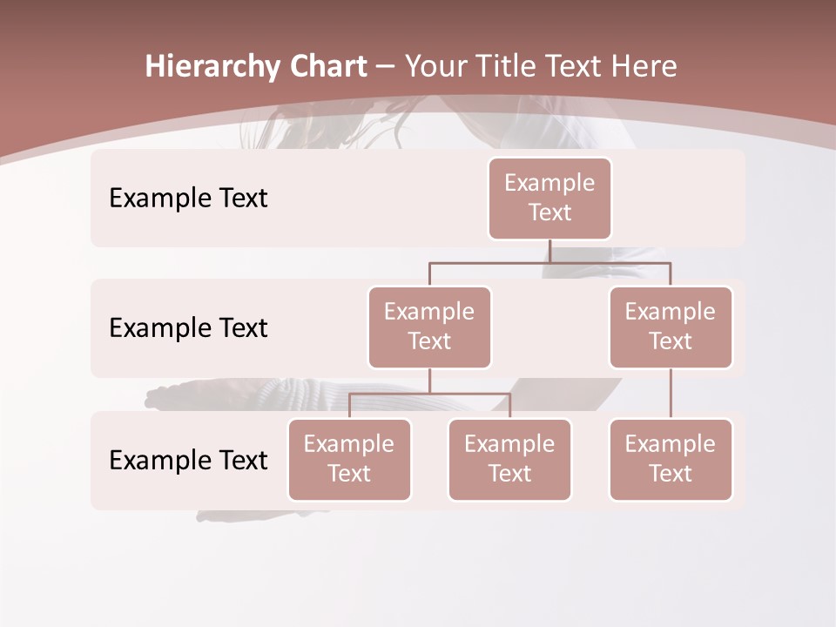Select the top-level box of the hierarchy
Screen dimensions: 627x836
tap(549, 198)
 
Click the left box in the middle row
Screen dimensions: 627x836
tap(429, 327)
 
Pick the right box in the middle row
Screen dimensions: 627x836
tap(671, 327)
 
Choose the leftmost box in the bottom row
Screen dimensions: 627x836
tap(349, 459)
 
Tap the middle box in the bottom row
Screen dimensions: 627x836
tap(509, 459)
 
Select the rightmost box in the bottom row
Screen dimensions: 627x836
tap(671, 459)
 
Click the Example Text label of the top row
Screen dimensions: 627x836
tap(188, 199)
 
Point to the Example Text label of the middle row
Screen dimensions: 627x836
tap(188, 328)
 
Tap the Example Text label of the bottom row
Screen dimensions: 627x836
tap(188, 460)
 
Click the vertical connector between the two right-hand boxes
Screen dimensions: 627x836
tap(671, 394)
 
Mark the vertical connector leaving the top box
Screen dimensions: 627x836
tap(549, 251)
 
